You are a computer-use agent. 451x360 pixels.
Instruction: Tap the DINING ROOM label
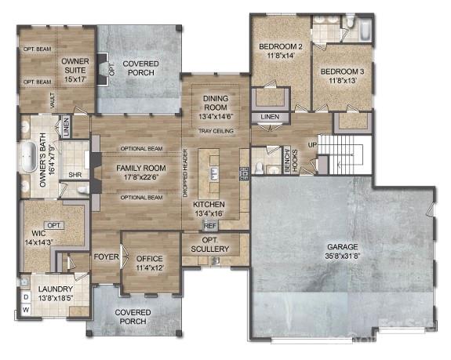(215, 104)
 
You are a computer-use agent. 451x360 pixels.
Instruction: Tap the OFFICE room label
(149, 263)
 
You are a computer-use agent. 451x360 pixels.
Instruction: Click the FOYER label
(106, 257)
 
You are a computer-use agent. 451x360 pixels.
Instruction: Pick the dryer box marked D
(25, 298)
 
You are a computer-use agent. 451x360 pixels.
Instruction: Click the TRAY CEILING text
(215, 130)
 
